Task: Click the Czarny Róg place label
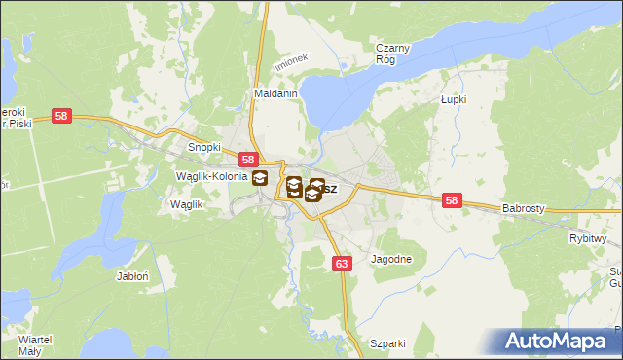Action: (x=394, y=53)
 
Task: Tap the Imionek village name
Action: (x=290, y=60)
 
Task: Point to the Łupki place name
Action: (x=454, y=99)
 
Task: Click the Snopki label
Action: (x=204, y=148)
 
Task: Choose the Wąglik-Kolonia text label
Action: (x=209, y=176)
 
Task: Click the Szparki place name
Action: (x=387, y=343)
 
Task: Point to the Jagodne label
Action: (x=391, y=260)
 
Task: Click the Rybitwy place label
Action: (x=588, y=238)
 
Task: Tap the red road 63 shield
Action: (x=341, y=263)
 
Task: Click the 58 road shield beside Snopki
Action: (x=248, y=160)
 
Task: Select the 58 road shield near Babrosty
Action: (x=451, y=200)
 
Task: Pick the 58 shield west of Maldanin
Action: (x=62, y=116)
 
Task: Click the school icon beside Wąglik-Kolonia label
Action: (x=260, y=178)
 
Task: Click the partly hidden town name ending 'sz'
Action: (x=329, y=189)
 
